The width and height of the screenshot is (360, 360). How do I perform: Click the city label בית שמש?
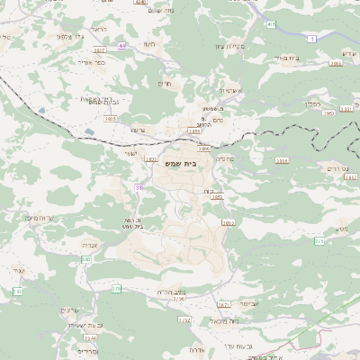click(180, 165)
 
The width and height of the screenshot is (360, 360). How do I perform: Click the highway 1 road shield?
click(311, 38)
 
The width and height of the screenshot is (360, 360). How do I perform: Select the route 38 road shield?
click(139, 187)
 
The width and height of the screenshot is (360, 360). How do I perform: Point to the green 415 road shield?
click(271, 24)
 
